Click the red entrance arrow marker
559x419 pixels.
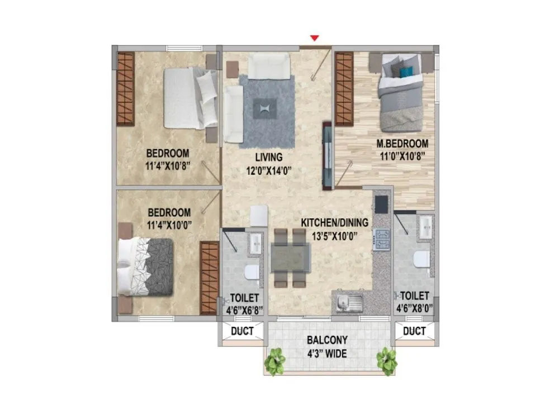click(x=315, y=38)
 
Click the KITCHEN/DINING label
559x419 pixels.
click(x=334, y=222)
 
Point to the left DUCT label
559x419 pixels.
click(x=242, y=331)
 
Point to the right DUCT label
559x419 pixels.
click(x=414, y=331)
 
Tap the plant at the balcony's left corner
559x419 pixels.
click(x=274, y=361)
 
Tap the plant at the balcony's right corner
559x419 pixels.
click(x=386, y=361)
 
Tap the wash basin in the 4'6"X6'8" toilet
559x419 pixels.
click(x=255, y=242)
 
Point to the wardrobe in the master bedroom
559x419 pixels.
click(x=344, y=89)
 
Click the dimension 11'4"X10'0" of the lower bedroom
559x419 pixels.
click(x=169, y=225)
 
